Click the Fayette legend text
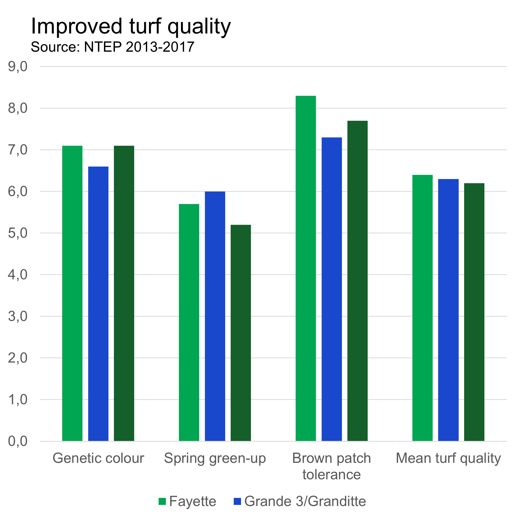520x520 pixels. coord(193,502)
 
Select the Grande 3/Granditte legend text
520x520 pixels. coord(305,502)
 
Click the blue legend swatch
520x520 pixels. coord(237,502)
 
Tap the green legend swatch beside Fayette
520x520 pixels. coord(162,502)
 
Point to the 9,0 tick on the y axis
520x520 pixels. coord(18,67)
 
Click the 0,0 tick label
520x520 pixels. coord(18,441)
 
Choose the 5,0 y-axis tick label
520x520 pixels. coord(18,233)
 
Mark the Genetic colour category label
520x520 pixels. coord(98,458)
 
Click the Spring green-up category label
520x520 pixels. coord(215,458)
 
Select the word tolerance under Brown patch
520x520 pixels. coord(331,474)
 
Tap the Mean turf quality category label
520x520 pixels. coord(448,458)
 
